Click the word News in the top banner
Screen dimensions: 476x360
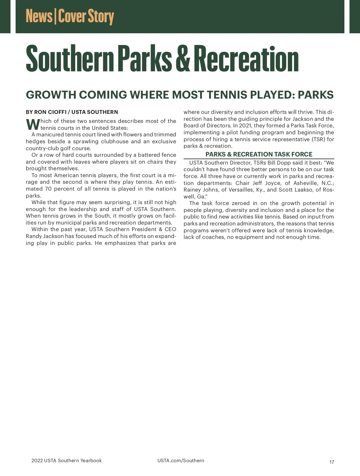point(39,16)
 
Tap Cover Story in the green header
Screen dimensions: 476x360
point(86,17)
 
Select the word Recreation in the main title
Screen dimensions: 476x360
point(246,58)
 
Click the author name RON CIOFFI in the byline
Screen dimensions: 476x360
point(50,112)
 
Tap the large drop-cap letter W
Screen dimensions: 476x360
point(33,124)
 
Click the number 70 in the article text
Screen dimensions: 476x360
point(48,189)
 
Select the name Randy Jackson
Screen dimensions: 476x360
point(45,236)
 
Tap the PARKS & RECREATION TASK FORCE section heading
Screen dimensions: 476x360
point(259,154)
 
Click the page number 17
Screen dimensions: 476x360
point(331,462)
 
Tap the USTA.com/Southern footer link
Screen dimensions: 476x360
point(181,461)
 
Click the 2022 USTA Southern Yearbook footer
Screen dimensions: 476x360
point(67,461)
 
